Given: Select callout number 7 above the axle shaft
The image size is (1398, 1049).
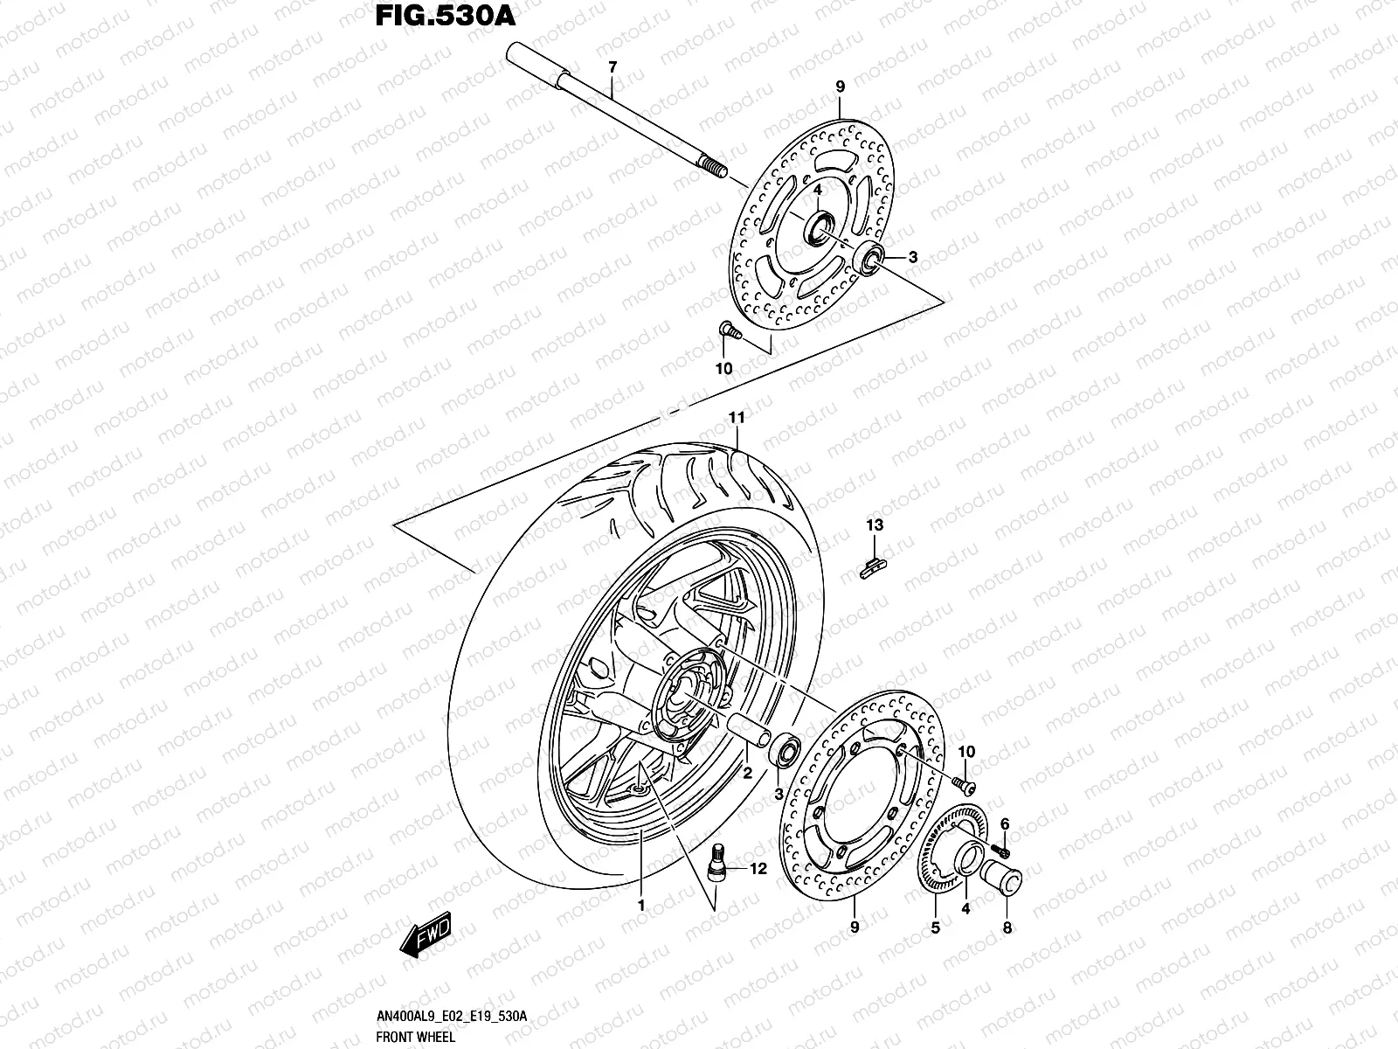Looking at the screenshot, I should (x=612, y=67).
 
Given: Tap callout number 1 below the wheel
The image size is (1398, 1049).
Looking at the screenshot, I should (x=640, y=907).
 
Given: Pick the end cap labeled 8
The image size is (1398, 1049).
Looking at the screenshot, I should (x=1003, y=875).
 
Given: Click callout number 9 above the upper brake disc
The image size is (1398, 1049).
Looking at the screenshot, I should (x=840, y=87).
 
